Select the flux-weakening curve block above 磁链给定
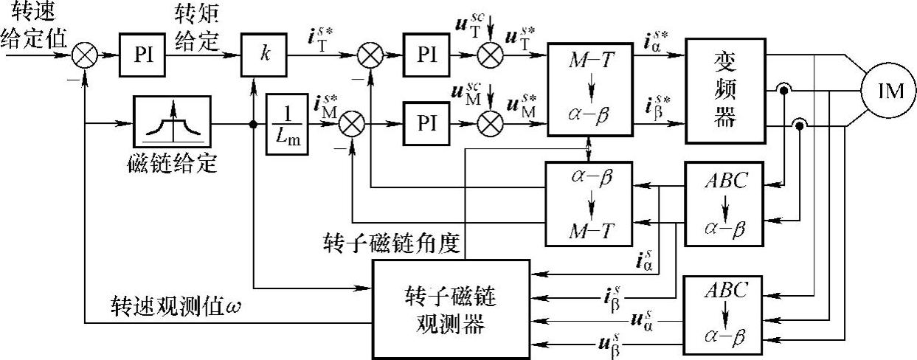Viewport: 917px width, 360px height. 173,122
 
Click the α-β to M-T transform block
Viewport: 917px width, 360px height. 589,204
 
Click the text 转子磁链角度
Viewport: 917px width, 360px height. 391,242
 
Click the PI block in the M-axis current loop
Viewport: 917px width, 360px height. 426,122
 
